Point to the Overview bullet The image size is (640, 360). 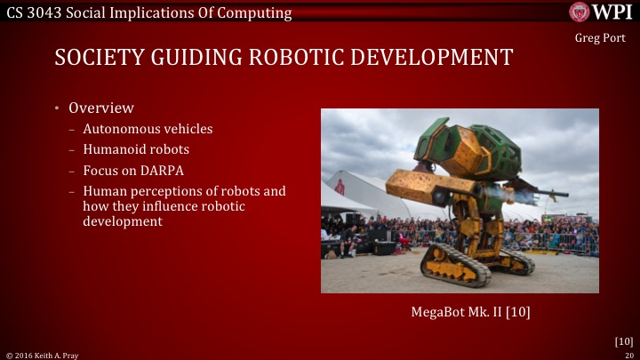pos(101,108)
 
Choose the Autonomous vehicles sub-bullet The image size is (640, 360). pos(148,129)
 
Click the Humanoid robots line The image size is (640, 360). pos(136,149)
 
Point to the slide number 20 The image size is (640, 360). pos(628,354)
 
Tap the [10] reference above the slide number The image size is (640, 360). pos(624,340)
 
